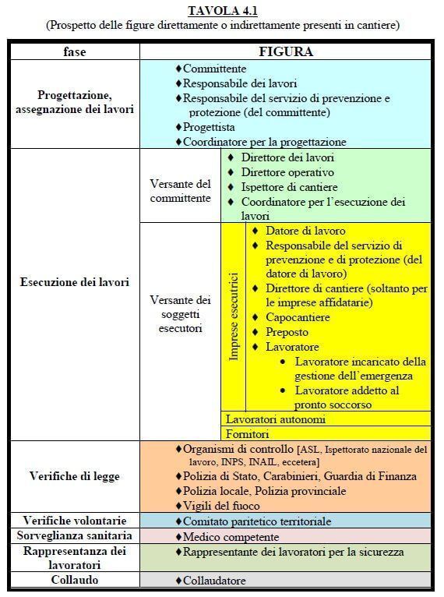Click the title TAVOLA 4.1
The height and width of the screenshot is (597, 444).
(x=222, y=10)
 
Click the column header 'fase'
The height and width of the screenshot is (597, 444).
(x=74, y=51)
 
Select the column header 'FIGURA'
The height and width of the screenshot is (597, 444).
(x=286, y=51)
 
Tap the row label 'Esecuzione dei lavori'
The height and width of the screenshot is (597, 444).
(x=74, y=281)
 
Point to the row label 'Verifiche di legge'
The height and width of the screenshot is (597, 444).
(x=74, y=475)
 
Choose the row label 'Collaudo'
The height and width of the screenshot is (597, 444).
(x=74, y=581)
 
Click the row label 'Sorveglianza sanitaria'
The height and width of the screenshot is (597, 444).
(x=74, y=536)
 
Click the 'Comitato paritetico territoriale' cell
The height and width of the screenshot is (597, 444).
(x=253, y=521)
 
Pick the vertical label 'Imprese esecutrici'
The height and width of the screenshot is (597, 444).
(x=233, y=316)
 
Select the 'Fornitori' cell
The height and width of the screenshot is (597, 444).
(x=247, y=433)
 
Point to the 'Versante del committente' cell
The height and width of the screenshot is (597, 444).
(x=180, y=191)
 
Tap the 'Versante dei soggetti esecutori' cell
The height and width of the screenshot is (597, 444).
(x=180, y=314)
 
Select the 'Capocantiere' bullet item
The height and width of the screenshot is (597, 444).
(x=298, y=317)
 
